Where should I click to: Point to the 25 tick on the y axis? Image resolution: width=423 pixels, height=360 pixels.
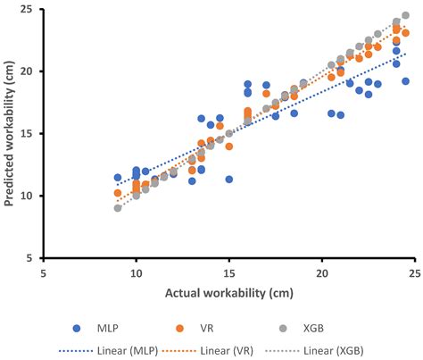(x=30, y=9)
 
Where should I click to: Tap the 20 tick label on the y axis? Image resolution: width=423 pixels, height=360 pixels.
(x=30, y=71)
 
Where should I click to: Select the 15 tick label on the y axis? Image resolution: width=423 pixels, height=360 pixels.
(x=30, y=133)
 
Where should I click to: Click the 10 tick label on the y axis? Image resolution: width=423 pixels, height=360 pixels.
(x=30, y=196)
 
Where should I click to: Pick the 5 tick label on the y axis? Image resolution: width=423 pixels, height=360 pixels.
(x=33, y=258)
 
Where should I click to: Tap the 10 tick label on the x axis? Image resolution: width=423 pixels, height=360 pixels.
(x=136, y=273)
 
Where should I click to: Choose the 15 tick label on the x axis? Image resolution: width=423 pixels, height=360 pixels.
(x=229, y=273)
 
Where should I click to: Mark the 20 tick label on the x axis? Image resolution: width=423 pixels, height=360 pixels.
(x=322, y=273)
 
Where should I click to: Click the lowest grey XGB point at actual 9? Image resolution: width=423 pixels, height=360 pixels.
(x=118, y=208)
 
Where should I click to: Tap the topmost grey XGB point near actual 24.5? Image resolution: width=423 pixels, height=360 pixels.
(x=406, y=15)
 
